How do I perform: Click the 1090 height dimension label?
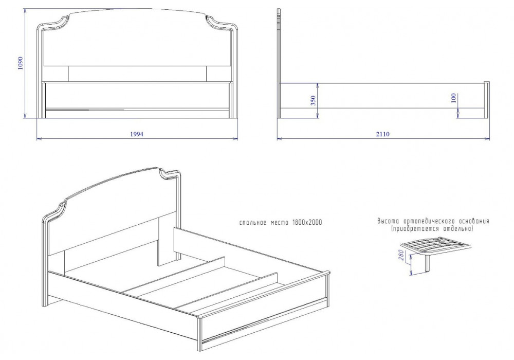21,64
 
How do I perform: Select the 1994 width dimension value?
137,134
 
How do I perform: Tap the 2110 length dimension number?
383,134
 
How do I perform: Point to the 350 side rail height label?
313,100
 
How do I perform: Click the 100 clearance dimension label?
454,98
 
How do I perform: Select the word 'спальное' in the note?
253,223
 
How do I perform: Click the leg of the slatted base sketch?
427,263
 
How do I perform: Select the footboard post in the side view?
487,100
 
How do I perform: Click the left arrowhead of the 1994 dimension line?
39,139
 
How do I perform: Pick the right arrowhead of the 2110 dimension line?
487,139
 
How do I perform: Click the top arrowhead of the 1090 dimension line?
25,11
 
